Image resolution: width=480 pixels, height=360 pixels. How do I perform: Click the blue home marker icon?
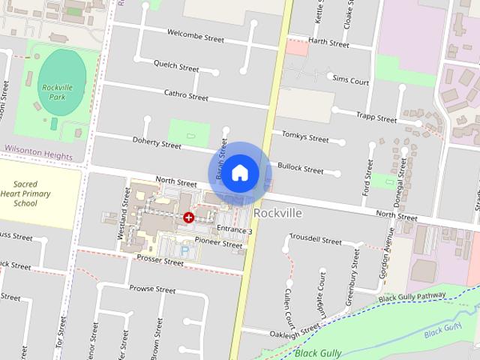(x=239, y=172)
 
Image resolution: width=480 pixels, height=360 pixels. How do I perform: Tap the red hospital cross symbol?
(x=188, y=217)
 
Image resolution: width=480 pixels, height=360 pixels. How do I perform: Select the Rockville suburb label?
(x=277, y=213)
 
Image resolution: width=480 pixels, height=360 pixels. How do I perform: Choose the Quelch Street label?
(x=175, y=67)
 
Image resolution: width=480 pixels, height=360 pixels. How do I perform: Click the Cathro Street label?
(x=186, y=95)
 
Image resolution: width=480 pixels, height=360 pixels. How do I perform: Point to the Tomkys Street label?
(x=305, y=137)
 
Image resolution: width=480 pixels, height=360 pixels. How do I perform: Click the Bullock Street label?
(x=300, y=169)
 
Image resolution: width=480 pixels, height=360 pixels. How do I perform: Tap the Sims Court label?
(x=349, y=79)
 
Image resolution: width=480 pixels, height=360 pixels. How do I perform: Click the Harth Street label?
(x=328, y=43)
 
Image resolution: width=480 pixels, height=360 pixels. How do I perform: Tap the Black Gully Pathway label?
(x=412, y=298)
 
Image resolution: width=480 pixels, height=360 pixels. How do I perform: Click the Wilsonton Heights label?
(x=37, y=157)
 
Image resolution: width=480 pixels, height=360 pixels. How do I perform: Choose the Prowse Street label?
(x=152, y=289)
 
